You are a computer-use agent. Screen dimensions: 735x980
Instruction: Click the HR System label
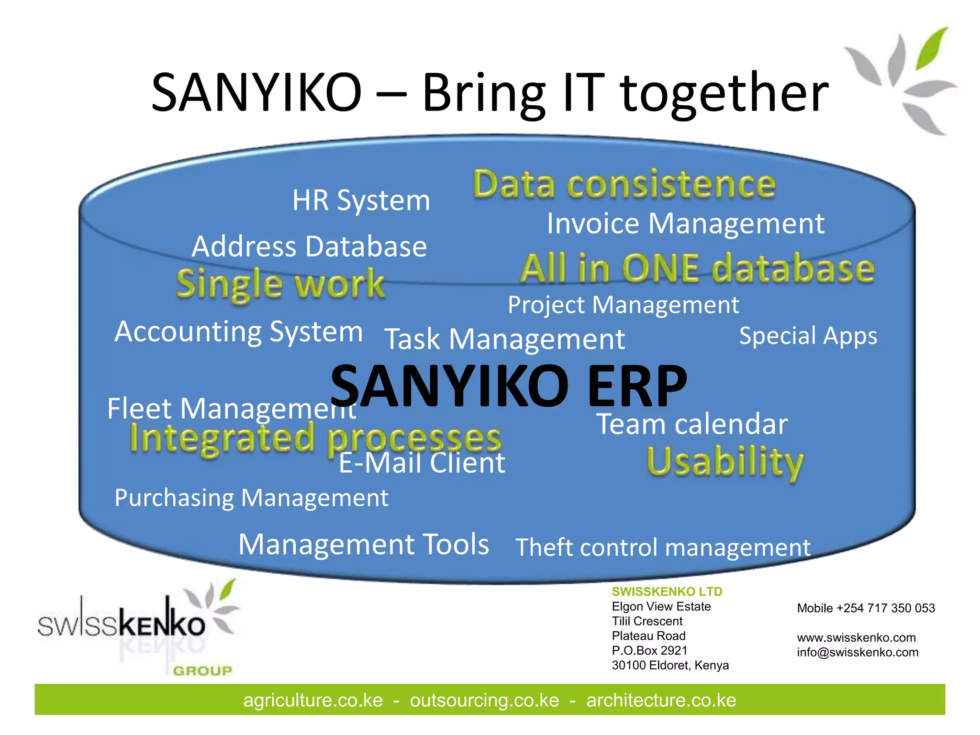pyautogui.click(x=361, y=200)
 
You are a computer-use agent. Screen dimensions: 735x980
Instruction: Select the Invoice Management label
pyautogui.click(x=686, y=223)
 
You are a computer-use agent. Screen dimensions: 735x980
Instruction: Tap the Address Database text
pyautogui.click(x=309, y=246)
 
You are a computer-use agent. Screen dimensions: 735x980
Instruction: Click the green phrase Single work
pyautogui.click(x=280, y=284)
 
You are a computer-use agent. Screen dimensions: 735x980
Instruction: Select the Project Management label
pyautogui.click(x=623, y=305)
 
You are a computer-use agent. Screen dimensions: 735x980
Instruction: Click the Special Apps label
pyautogui.click(x=808, y=335)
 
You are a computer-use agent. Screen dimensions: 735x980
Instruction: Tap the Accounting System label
pyautogui.click(x=239, y=332)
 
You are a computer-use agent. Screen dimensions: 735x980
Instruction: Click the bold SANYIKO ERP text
pyautogui.click(x=508, y=386)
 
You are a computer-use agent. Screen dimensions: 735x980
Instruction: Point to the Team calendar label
pyautogui.click(x=692, y=424)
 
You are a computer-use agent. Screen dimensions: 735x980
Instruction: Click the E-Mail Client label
pyautogui.click(x=422, y=463)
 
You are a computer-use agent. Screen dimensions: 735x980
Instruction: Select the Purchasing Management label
pyautogui.click(x=251, y=498)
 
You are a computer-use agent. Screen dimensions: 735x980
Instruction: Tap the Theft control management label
pyautogui.click(x=663, y=547)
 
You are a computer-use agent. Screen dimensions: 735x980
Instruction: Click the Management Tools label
pyautogui.click(x=364, y=544)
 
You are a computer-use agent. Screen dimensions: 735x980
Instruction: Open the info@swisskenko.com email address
pyautogui.click(x=857, y=652)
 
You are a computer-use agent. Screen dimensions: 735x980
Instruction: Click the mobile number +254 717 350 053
pyautogui.click(x=885, y=608)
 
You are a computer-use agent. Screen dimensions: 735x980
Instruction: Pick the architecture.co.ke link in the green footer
pyautogui.click(x=661, y=700)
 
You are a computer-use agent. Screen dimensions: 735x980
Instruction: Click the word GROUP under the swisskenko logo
pyautogui.click(x=202, y=671)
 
